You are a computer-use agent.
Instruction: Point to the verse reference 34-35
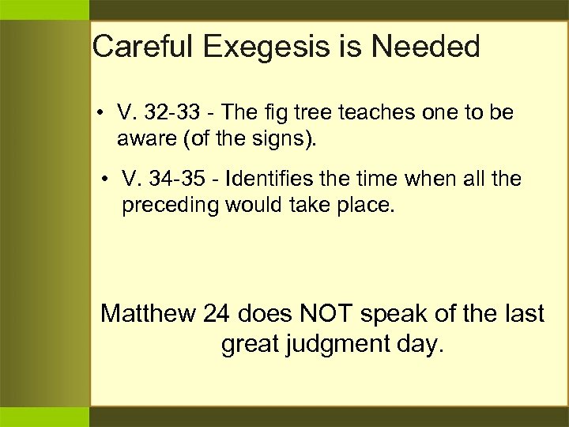[181, 179]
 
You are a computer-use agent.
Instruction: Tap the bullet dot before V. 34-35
[107, 179]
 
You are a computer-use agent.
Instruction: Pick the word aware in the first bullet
[142, 140]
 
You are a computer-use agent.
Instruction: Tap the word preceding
[170, 206]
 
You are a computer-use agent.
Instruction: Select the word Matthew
[148, 314]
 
